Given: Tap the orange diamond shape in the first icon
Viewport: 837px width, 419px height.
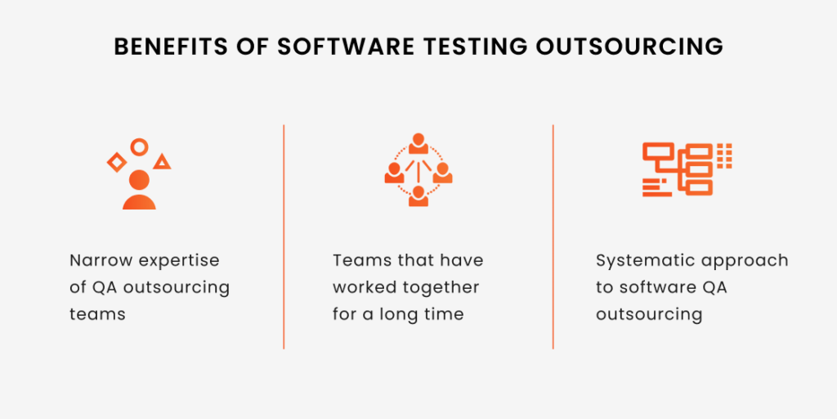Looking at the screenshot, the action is click(117, 162).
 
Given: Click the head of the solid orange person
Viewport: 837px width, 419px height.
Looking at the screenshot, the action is click(139, 180).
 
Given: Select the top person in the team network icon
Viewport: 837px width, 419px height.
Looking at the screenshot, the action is click(418, 143).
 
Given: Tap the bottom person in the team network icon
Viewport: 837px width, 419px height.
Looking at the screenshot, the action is click(418, 196).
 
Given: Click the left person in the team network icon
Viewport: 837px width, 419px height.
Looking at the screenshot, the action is click(394, 172).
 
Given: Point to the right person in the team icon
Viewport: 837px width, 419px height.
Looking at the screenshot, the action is click(442, 172).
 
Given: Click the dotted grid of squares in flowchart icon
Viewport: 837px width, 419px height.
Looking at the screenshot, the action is click(724, 156).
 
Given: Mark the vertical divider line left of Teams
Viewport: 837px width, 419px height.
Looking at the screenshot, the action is click(284, 237).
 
